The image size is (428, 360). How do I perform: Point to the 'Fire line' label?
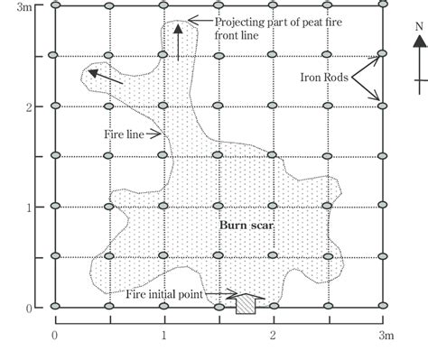coord(126,134)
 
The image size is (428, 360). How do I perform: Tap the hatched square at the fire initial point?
coord(245,306)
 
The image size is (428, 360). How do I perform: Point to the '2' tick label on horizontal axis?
coord(273,337)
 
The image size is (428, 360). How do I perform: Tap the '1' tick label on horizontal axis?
coord(164,337)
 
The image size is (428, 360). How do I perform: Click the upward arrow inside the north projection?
coord(178,41)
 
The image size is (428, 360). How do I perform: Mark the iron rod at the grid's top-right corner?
coord(382,6)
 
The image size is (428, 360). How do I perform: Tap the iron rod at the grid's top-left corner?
coord(54,6)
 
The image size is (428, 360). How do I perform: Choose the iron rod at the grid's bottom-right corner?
coord(382,307)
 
